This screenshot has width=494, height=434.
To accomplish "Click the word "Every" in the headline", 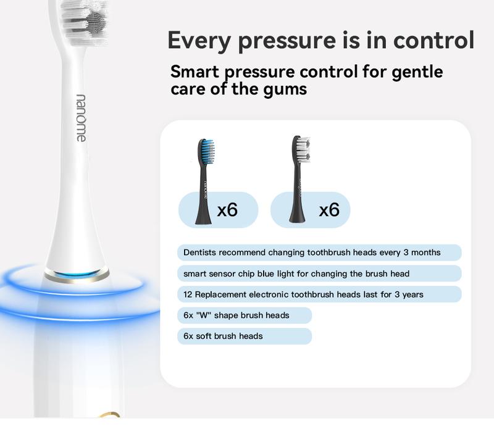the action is click(199, 40).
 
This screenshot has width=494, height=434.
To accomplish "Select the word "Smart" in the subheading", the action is click(195, 72).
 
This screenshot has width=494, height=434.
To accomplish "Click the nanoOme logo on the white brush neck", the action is click(81, 118).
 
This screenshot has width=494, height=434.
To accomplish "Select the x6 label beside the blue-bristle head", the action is click(227, 209).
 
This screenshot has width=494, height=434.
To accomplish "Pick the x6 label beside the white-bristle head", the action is click(329, 209).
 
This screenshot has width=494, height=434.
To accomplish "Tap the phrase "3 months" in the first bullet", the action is click(422, 252).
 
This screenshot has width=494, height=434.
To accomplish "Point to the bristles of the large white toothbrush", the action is click(85, 22).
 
